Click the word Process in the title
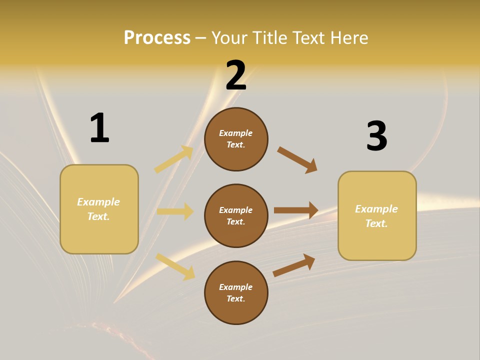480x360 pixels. coord(157,38)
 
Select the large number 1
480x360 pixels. coord(99,128)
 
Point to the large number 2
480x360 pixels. coord(236,75)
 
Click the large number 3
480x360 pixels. coord(376,136)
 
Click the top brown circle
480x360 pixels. coord(236,139)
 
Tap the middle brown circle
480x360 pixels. coord(236,215)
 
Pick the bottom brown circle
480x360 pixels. coord(236,292)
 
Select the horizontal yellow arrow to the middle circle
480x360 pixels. coord(175,211)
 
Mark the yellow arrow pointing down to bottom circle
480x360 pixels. coord(175,266)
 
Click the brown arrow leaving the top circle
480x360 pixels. coord(297,160)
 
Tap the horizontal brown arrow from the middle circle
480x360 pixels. coord(296,210)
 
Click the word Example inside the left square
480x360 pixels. coord(98,202)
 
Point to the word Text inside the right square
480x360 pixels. coord(376,223)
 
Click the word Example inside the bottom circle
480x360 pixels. coord(236,287)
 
